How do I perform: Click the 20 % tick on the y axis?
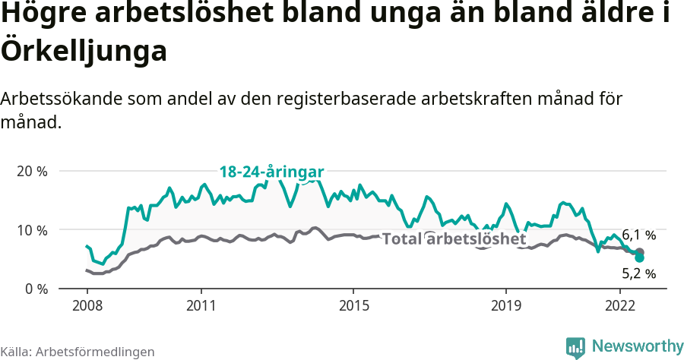coord(32,171)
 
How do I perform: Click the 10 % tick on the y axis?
coord(32,230)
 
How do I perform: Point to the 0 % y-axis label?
coord(35,289)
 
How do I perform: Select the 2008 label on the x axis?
coord(87,306)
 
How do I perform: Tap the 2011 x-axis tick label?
coord(201,306)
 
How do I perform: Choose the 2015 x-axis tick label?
coord(353,306)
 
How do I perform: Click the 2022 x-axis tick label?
coord(619,306)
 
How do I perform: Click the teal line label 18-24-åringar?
coord(272,172)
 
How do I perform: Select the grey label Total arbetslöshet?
coord(454,239)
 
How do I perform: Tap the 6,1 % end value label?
coord(638,235)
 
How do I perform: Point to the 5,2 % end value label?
coord(638,273)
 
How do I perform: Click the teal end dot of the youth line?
coord(639,258)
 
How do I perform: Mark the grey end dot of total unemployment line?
coord(639,252)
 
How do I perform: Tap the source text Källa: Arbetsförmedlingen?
coord(78,352)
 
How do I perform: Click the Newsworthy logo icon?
coord(575,347)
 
